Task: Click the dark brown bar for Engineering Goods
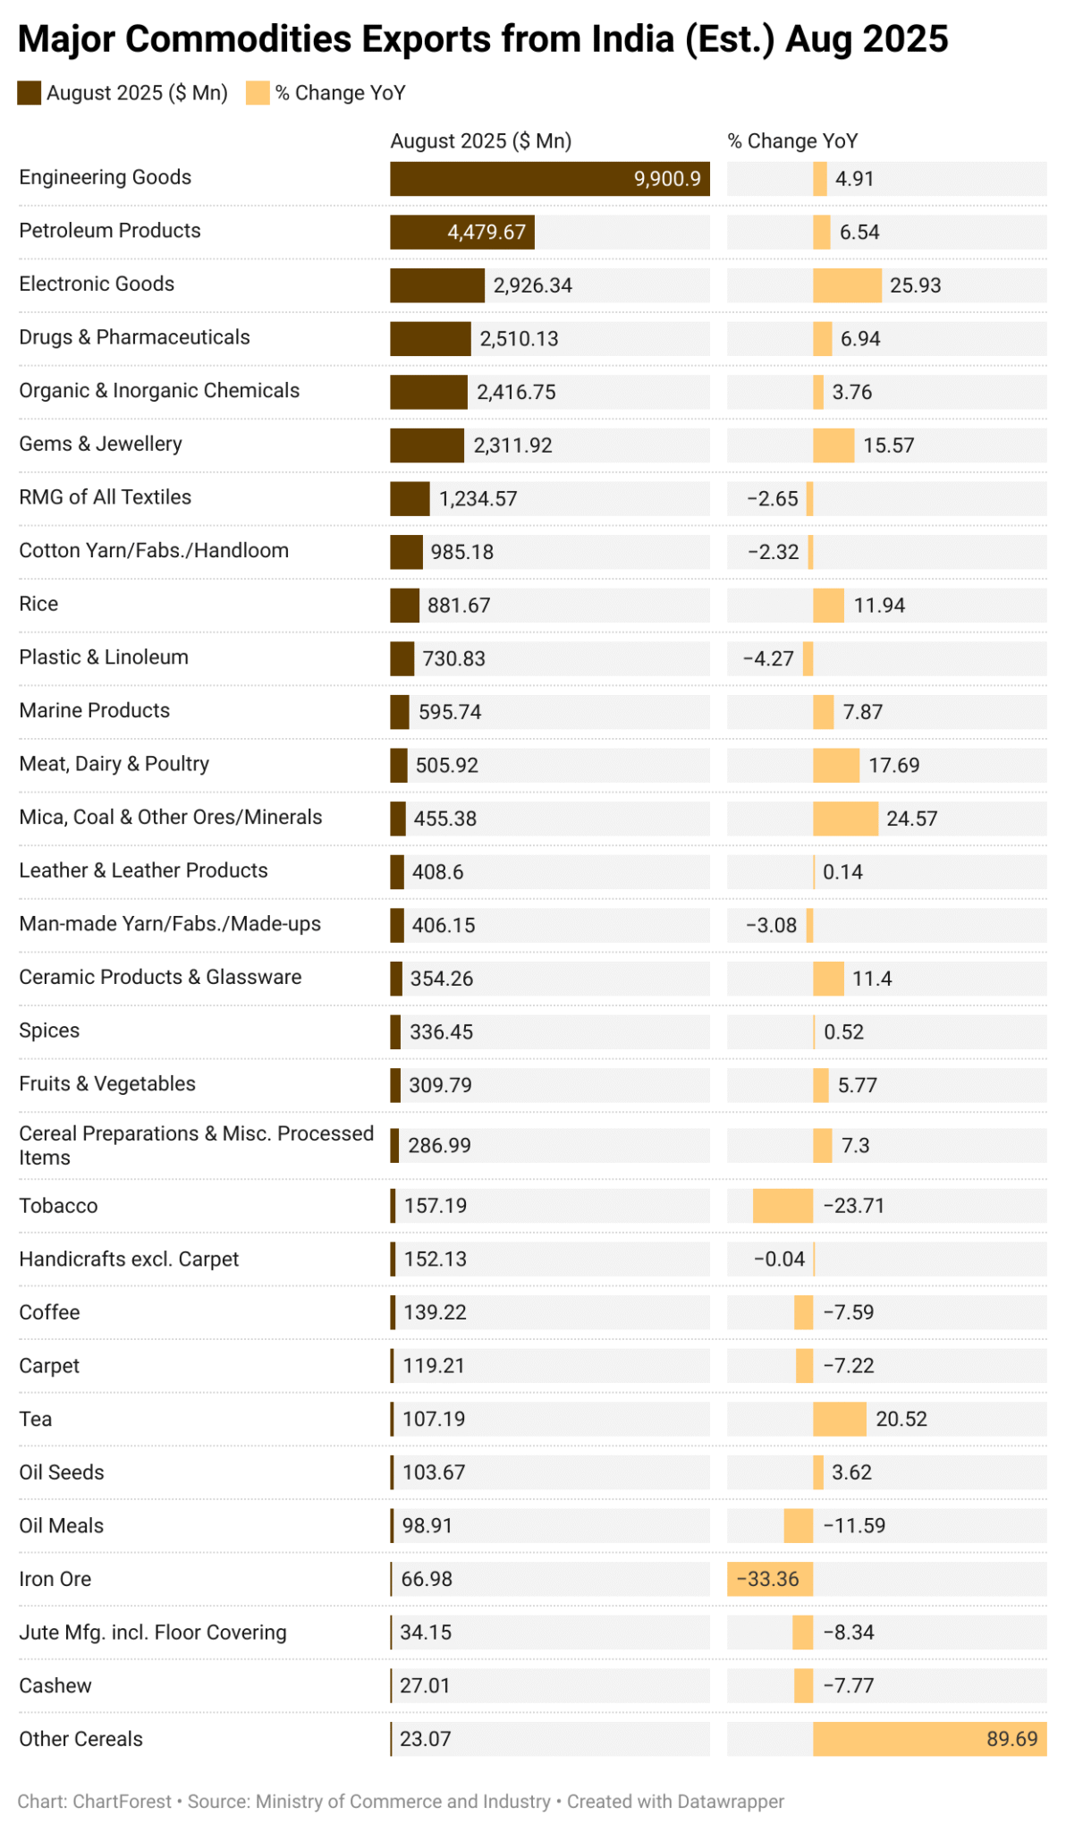(x=510, y=179)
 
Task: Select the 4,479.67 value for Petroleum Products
(x=486, y=233)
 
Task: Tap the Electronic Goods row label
(x=97, y=284)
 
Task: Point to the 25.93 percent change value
(x=915, y=286)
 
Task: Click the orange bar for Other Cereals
(x=894, y=1739)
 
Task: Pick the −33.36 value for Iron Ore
(x=767, y=1579)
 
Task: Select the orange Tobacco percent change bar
(x=783, y=1206)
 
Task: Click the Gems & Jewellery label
(x=100, y=445)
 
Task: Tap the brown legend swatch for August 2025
(x=29, y=93)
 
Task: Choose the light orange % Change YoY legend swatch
(x=258, y=93)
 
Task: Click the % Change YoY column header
(x=792, y=141)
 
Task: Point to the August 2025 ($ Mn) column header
(x=480, y=141)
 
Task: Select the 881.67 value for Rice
(x=459, y=606)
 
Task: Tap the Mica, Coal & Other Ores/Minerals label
(x=170, y=818)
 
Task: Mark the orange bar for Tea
(x=839, y=1419)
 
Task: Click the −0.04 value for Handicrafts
(x=779, y=1259)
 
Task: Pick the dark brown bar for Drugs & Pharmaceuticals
(x=430, y=339)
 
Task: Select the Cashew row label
(x=55, y=1686)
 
